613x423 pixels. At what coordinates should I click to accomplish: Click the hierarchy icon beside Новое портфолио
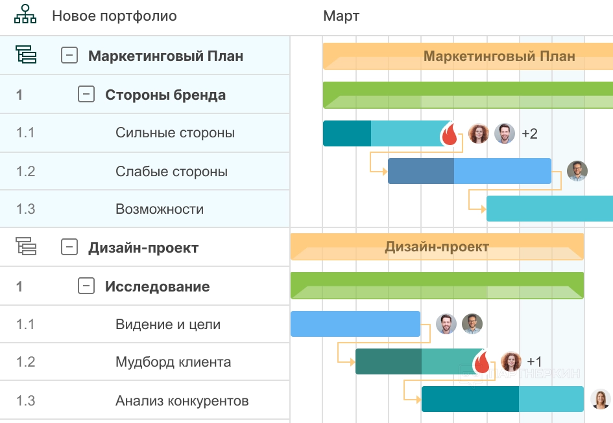[25, 15]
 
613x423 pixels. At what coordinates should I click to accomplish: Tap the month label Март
[341, 16]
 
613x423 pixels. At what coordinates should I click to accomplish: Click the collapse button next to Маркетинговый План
[69, 56]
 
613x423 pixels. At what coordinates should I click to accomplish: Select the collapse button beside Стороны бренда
[86, 95]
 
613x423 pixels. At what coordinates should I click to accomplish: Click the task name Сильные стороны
[175, 133]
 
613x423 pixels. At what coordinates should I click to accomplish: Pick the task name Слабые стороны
[171, 172]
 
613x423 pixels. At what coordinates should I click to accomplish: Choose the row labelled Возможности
[160, 209]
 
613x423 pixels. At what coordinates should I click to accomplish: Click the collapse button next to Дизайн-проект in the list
[69, 247]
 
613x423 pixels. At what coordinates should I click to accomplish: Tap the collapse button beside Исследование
[86, 286]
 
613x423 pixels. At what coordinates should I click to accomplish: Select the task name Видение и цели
[168, 325]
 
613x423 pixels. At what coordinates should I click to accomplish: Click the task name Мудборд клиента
[173, 362]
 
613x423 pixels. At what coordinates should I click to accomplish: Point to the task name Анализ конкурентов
[182, 401]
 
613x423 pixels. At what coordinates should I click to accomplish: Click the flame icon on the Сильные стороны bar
[450, 135]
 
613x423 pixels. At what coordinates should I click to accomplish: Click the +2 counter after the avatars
[529, 134]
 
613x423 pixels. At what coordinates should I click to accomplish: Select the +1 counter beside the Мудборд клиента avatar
[535, 361]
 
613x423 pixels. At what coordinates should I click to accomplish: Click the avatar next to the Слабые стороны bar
[577, 171]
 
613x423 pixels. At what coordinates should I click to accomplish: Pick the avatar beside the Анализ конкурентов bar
[601, 399]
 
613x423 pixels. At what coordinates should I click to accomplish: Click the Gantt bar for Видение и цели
[355, 324]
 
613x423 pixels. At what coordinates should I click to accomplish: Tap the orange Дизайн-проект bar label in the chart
[437, 247]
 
